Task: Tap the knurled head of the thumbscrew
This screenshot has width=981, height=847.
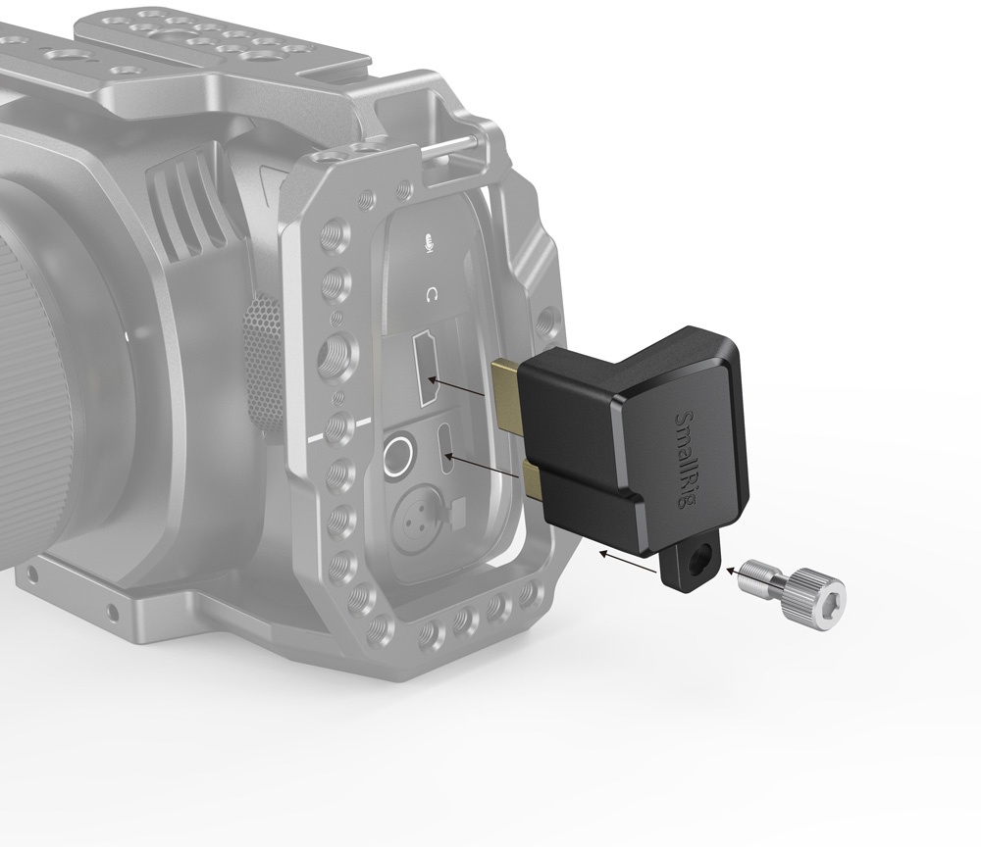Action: click(x=820, y=590)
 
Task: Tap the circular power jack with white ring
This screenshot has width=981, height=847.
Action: click(x=398, y=454)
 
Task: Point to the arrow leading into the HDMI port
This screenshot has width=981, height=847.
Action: click(x=461, y=385)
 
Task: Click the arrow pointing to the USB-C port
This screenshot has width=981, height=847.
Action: click(x=486, y=466)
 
